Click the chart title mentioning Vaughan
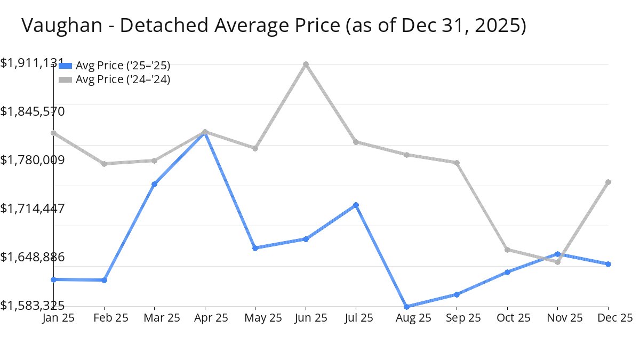click(x=274, y=26)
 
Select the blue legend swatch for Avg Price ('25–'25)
click(x=65, y=66)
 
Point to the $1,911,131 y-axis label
click(x=32, y=63)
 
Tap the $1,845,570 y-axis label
click(x=32, y=111)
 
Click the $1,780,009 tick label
click(x=32, y=159)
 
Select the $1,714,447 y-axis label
click(x=32, y=208)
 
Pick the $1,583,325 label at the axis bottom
click(x=32, y=305)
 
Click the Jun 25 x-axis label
click(x=305, y=318)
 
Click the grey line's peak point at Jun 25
click(x=306, y=65)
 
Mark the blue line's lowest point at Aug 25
click(x=406, y=307)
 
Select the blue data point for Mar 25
click(x=154, y=184)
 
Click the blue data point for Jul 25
click(x=356, y=205)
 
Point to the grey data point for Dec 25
click(x=608, y=182)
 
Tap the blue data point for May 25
click(x=255, y=248)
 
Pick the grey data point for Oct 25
click(x=507, y=250)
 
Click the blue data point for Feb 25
click(x=104, y=280)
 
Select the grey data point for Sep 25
click(x=457, y=163)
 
